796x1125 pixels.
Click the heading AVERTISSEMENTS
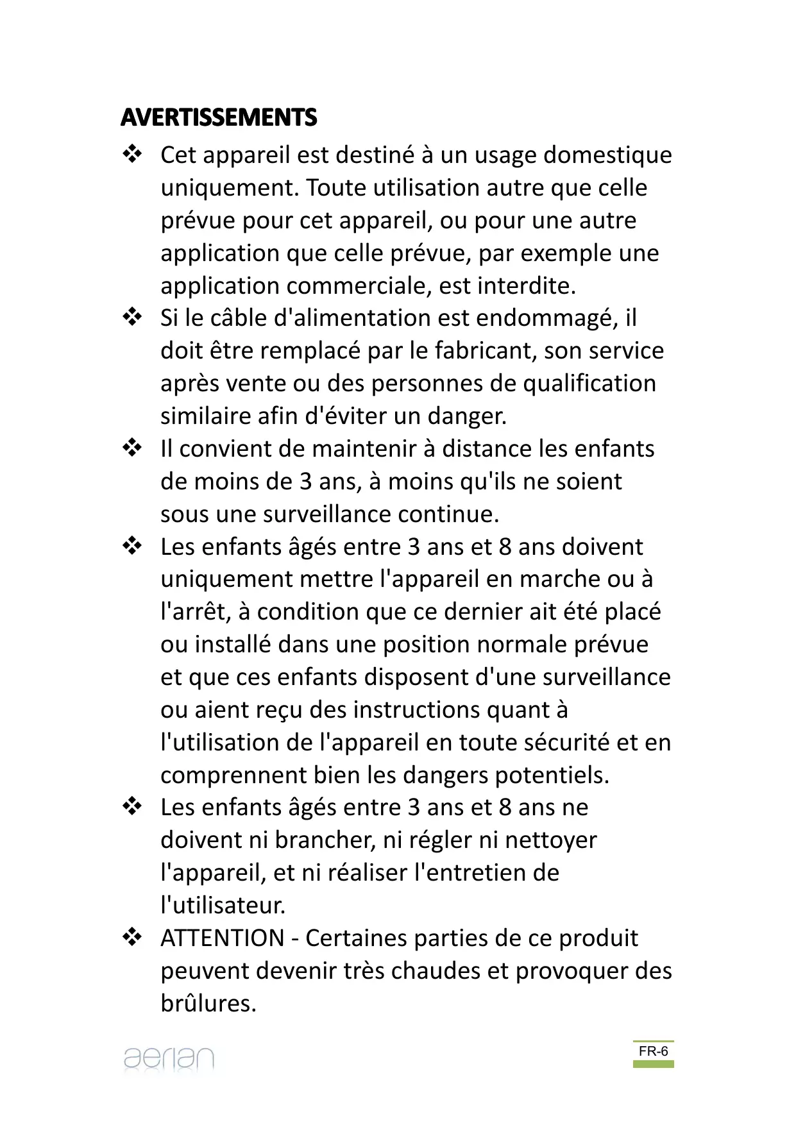pyautogui.click(x=219, y=117)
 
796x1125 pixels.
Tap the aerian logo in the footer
pyautogui.click(x=169, y=1058)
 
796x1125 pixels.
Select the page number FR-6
pyautogui.click(x=653, y=1051)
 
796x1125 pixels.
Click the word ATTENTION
pyautogui.click(x=222, y=938)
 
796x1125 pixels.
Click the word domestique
pyautogui.click(x=607, y=155)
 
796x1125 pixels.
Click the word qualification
pyautogui.click(x=589, y=384)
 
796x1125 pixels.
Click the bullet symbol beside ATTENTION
pyautogui.click(x=132, y=937)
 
